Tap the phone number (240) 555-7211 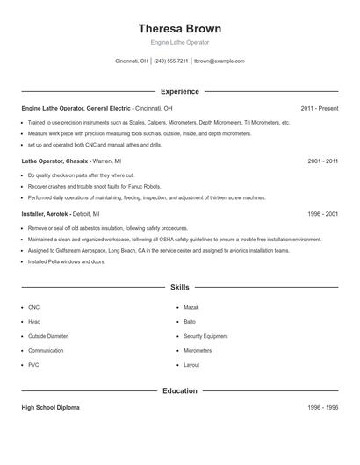171,61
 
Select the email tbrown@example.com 219,61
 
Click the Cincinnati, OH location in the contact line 133,61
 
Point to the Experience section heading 179,91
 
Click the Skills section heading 179,287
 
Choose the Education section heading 179,390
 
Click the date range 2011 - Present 319,108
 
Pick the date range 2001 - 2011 322,161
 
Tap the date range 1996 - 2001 322,213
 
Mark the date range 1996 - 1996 322,408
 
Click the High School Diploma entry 50,408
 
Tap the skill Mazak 191,308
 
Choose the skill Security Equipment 205,336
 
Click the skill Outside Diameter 47,336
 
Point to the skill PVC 33,364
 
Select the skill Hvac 34,322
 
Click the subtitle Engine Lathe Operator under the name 179,42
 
